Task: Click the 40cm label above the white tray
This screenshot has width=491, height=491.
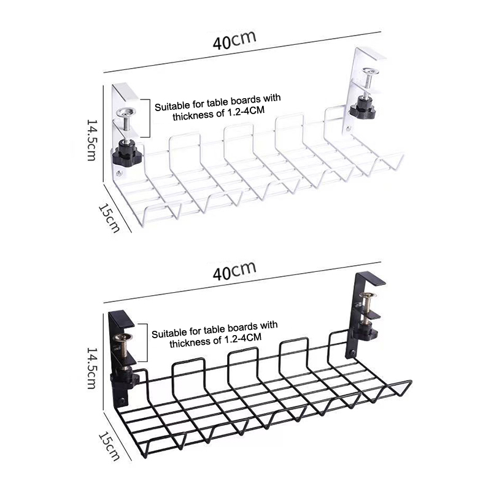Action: [x=234, y=40]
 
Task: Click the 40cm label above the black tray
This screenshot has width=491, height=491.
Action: [x=234, y=271]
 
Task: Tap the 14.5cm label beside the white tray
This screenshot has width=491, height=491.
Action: [x=91, y=140]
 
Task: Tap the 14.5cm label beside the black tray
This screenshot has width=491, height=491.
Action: [x=91, y=368]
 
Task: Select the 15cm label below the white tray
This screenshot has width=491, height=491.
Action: [x=109, y=218]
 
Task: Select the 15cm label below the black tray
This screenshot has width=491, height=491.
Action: [x=109, y=447]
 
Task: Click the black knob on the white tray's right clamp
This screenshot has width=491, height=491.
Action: [x=363, y=108]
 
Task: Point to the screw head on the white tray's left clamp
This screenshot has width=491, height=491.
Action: [x=126, y=111]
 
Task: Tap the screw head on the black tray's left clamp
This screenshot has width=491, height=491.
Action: [x=122, y=337]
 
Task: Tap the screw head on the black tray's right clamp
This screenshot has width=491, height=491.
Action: [x=368, y=295]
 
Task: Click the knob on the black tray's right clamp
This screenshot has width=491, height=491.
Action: [x=364, y=333]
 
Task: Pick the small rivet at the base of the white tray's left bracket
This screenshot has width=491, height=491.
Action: [x=118, y=173]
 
